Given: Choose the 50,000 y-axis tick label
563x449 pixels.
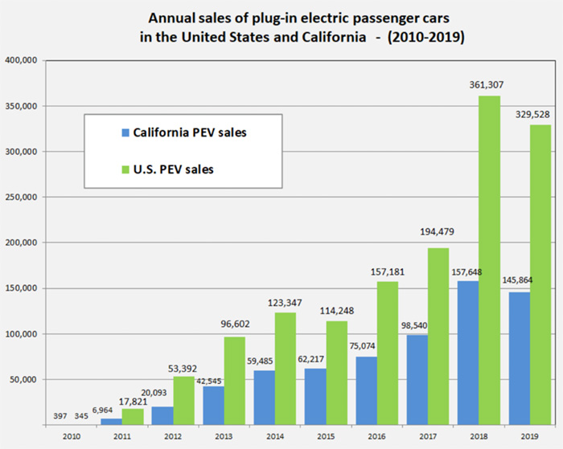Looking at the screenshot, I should pyautogui.click(x=26, y=379).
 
